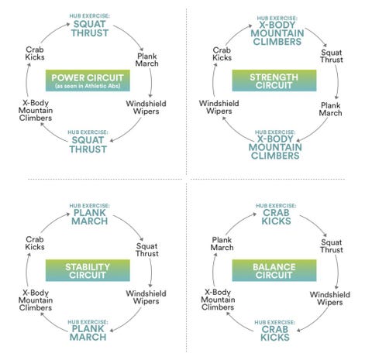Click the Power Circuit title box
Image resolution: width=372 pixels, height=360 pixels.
point(88,81)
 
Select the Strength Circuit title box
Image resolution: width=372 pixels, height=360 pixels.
point(274,81)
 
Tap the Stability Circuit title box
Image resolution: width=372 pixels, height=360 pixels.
point(88,270)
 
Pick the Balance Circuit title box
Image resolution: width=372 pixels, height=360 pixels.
point(274,270)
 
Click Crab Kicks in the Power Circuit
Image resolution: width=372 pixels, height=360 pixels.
point(35,53)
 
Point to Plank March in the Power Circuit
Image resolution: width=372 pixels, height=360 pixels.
point(147,60)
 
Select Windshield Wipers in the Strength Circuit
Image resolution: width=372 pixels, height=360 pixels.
point(219,107)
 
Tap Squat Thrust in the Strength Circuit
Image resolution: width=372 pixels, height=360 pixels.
point(332,56)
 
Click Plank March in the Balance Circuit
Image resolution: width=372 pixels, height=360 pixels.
point(222,244)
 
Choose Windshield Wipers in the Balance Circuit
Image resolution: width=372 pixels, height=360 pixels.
point(330,298)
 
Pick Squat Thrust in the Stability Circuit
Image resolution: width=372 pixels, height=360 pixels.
point(147,250)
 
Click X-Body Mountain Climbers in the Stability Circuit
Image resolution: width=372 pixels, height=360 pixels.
point(36,300)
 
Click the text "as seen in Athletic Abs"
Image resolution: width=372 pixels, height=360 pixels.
point(88,86)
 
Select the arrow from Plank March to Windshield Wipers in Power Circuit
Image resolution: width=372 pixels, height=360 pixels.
point(150,83)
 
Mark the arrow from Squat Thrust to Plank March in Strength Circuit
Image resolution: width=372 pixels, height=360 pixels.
point(337,82)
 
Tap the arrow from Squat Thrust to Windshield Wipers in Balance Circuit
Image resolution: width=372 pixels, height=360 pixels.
point(337,272)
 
